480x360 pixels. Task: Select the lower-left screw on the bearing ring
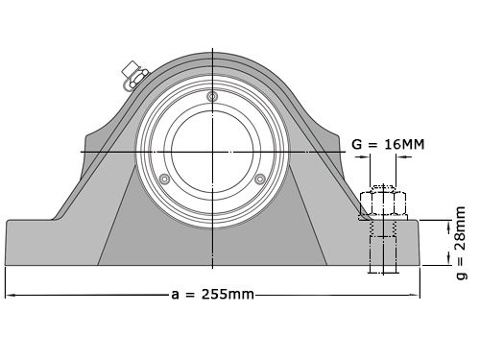click(165, 179)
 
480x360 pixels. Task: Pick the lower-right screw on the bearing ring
click(259, 179)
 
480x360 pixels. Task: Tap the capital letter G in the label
click(357, 145)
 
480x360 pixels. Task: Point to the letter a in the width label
click(177, 294)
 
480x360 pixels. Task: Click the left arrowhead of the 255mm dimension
click(10, 294)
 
